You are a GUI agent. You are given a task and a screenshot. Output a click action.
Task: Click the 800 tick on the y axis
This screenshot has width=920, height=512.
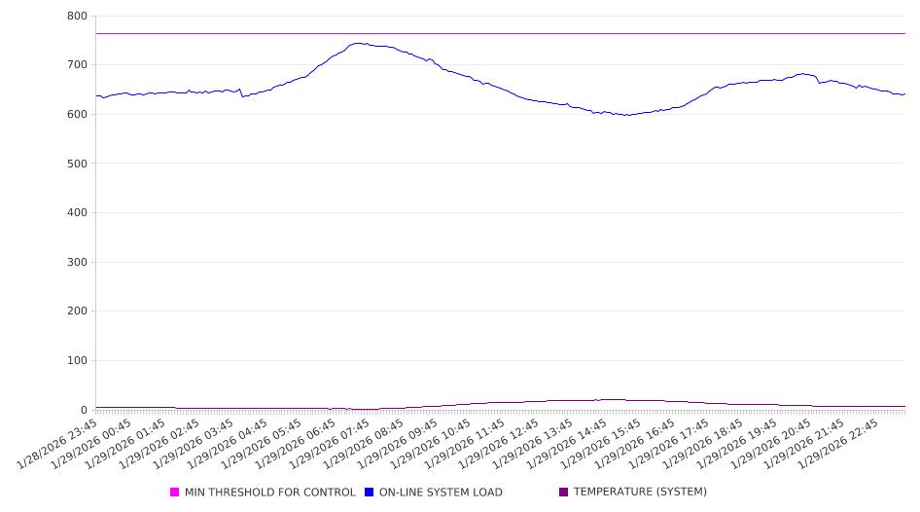[x=77, y=17]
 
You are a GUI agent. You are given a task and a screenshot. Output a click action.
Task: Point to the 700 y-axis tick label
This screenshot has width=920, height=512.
[x=77, y=65]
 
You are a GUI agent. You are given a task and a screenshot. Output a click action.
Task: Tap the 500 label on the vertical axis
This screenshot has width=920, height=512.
[x=77, y=164]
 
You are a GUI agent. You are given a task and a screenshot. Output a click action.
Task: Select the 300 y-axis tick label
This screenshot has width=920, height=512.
[x=77, y=263]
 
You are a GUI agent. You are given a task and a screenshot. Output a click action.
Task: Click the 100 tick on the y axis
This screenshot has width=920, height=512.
[x=77, y=361]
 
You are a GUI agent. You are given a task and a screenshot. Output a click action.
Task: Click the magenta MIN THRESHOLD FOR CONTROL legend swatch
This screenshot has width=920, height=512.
[x=175, y=493]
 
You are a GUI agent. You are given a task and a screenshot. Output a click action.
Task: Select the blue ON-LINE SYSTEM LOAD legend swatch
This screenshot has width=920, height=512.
[x=370, y=493]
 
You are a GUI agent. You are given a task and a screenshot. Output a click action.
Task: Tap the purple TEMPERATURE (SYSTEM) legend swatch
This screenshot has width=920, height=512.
[x=564, y=493]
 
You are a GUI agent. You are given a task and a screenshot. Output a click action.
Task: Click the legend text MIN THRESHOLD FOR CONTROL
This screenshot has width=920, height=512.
[x=270, y=493]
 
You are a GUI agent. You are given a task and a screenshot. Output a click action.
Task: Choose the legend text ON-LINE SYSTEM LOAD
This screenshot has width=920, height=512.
[x=441, y=493]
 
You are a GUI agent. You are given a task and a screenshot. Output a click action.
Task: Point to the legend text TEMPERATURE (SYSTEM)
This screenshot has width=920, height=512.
[x=640, y=493]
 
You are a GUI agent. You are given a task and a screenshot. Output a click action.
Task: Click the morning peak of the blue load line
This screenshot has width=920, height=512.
[x=359, y=43]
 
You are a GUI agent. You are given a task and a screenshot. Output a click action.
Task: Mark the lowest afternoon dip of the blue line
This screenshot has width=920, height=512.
[x=628, y=115]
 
